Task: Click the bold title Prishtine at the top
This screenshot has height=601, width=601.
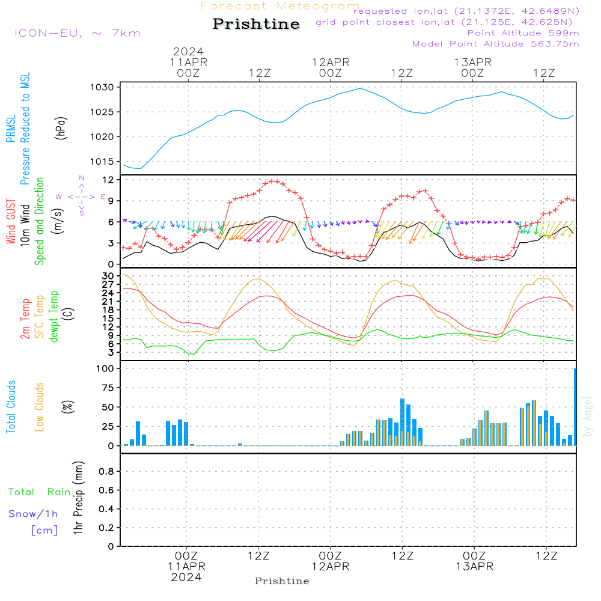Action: [x=256, y=24]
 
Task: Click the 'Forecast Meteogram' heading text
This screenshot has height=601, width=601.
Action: [x=280, y=6]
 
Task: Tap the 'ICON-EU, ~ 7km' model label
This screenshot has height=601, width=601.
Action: [x=78, y=32]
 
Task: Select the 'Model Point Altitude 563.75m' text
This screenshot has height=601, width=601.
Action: [x=496, y=44]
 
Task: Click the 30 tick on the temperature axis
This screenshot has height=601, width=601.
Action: [x=108, y=276]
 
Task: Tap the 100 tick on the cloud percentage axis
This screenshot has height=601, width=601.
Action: [x=106, y=368]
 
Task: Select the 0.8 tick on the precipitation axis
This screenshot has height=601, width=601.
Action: [x=106, y=471]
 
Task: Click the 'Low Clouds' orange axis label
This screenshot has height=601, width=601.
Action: [x=40, y=407]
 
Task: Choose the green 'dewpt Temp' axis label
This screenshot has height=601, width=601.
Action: [x=54, y=316]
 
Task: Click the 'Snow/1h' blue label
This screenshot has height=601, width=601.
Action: [x=34, y=514]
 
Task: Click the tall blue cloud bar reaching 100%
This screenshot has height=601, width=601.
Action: [x=575, y=406]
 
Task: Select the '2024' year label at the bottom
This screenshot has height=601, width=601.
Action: [x=186, y=577]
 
